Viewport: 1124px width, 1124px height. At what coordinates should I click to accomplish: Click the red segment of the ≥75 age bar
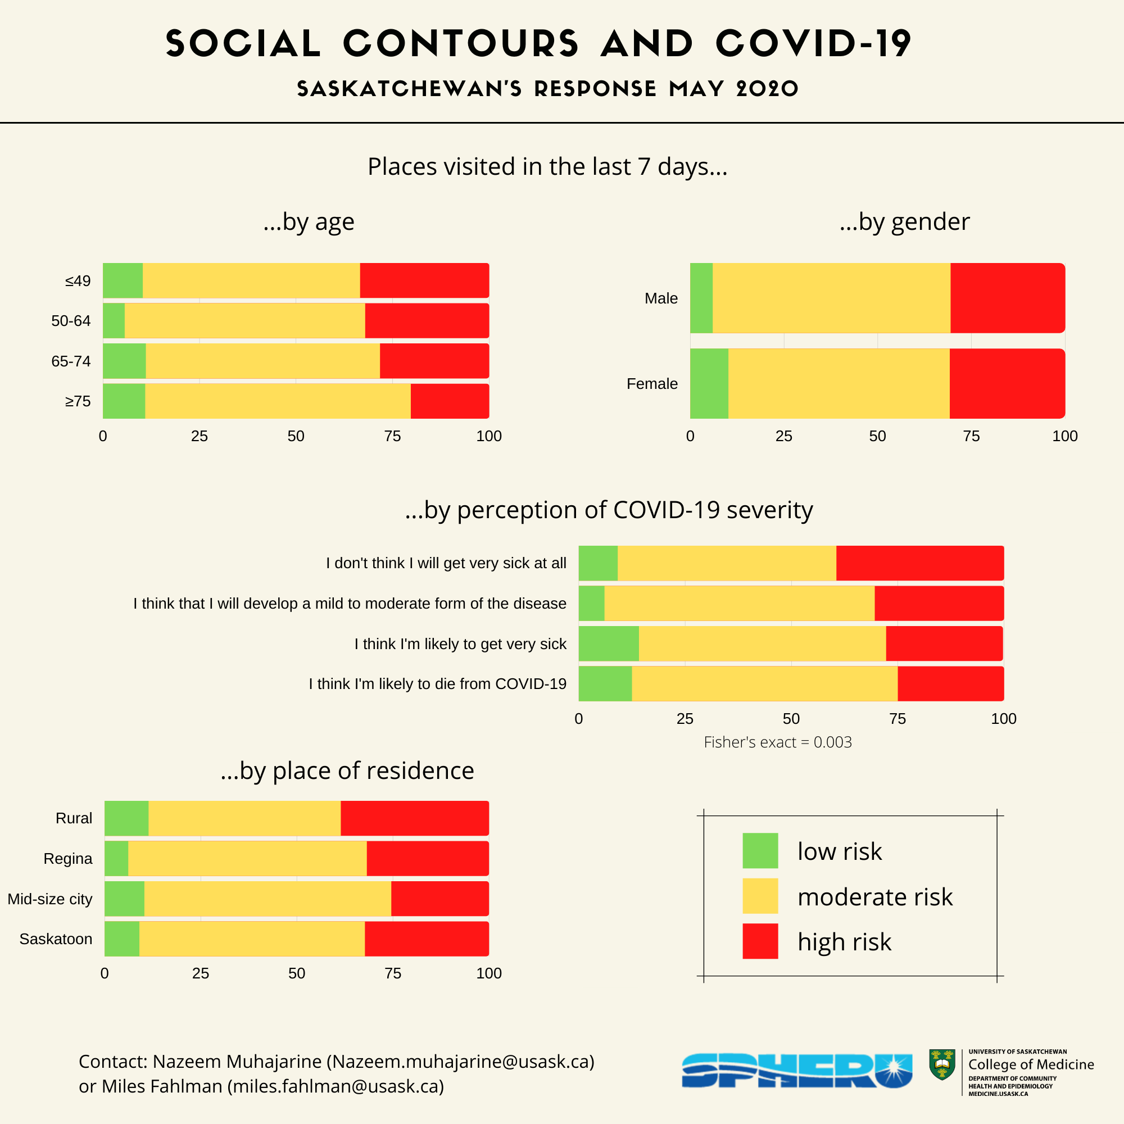click(x=449, y=401)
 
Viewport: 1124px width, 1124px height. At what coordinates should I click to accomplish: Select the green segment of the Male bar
click(x=701, y=298)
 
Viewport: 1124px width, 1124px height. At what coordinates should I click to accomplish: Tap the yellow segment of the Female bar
click(x=839, y=383)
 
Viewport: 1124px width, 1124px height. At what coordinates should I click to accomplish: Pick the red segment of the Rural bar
click(x=414, y=818)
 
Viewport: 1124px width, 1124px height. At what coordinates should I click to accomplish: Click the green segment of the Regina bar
click(x=116, y=858)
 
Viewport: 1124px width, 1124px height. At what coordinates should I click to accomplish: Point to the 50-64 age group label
click(x=71, y=321)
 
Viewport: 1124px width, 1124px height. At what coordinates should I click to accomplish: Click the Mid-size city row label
click(x=50, y=899)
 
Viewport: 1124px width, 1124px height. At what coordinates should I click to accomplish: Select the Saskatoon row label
click(x=56, y=939)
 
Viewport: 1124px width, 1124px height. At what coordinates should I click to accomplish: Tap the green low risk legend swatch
click(x=760, y=850)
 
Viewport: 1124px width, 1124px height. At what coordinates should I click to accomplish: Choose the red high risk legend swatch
click(x=760, y=941)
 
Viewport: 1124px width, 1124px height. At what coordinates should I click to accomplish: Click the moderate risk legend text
click(x=874, y=896)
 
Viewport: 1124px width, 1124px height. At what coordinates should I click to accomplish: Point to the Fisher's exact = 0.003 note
click(x=777, y=742)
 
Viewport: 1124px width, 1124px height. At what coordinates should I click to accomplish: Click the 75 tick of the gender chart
click(x=971, y=436)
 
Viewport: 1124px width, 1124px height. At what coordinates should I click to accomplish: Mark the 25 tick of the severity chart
click(x=685, y=719)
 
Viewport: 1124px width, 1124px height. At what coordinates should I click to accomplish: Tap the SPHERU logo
click(x=796, y=1071)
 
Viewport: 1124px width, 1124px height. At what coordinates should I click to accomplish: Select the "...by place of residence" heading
click(x=347, y=771)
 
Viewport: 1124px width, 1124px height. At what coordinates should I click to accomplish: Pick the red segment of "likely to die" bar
click(x=950, y=683)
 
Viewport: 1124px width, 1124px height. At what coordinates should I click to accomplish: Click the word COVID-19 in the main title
click(x=813, y=44)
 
